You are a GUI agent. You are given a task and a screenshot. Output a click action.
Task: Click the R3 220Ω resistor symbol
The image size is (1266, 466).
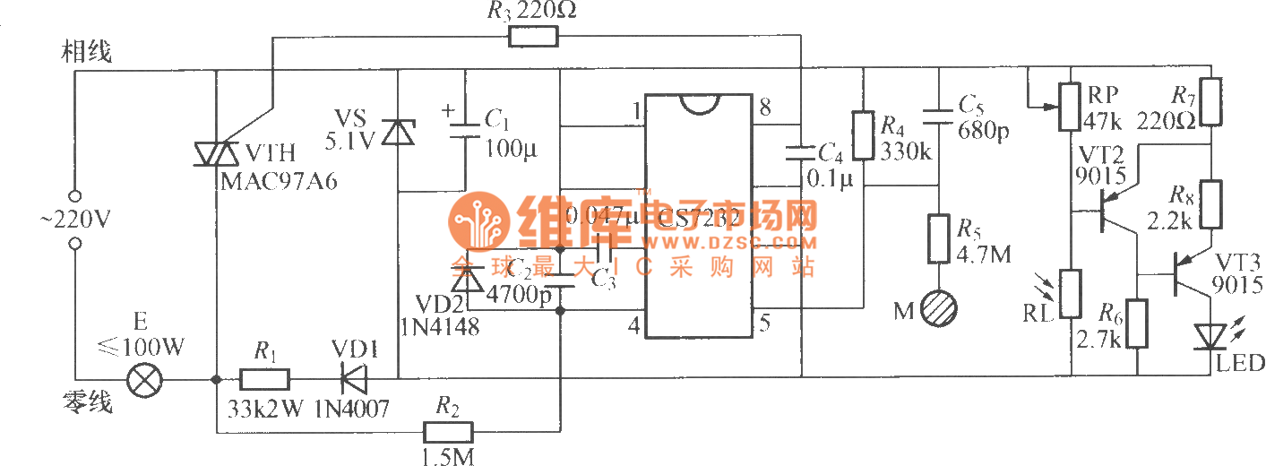pos(533,37)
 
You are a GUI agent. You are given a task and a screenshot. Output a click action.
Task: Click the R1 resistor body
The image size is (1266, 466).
pos(264,379)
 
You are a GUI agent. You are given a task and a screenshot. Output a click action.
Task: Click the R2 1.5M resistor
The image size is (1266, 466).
pos(448,434)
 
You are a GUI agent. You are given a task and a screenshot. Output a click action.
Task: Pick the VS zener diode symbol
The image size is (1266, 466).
pos(398,133)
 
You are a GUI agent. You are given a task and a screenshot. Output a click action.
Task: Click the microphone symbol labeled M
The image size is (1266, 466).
pos(937,306)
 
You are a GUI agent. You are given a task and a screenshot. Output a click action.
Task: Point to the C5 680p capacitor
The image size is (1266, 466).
pos(937,115)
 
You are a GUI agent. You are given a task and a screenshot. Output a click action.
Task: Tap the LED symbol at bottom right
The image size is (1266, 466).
pos(1210,336)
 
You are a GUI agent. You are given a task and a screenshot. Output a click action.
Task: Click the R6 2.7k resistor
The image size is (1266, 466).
pos(1137,324)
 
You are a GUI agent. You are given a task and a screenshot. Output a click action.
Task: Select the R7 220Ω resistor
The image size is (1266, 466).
pos(1210,101)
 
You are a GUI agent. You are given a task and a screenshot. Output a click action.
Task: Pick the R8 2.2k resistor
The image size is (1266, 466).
pos(1210,203)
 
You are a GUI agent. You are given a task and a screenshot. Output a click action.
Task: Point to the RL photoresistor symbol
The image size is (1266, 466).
pos(1072,293)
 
